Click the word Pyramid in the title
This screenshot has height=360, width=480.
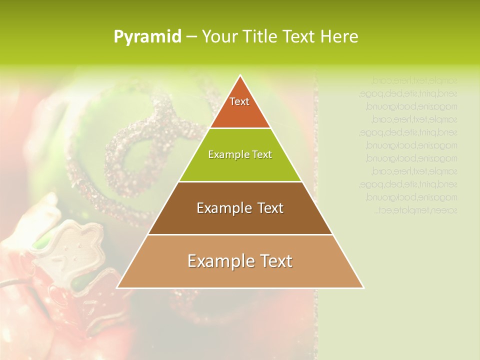pyautogui.click(x=147, y=37)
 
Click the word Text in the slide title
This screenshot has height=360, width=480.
pyautogui.click(x=301, y=36)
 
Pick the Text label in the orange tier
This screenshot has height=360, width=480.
pyautogui.click(x=239, y=101)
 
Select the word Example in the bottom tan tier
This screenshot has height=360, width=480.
pyautogui.click(x=217, y=261)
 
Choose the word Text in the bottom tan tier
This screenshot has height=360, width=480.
pyautogui.click(x=275, y=261)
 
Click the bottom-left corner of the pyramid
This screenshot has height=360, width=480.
pyautogui.click(x=117, y=287)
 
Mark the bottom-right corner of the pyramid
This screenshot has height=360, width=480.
pyautogui.click(x=363, y=287)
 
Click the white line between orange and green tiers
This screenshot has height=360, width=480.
pyautogui.click(x=240, y=128)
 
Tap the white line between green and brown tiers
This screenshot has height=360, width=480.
pyautogui.click(x=240, y=181)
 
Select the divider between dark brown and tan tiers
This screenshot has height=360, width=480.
pyautogui.click(x=240, y=234)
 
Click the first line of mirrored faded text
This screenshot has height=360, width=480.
pyautogui.click(x=414, y=80)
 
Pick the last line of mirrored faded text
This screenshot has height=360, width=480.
pyautogui.click(x=415, y=210)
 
